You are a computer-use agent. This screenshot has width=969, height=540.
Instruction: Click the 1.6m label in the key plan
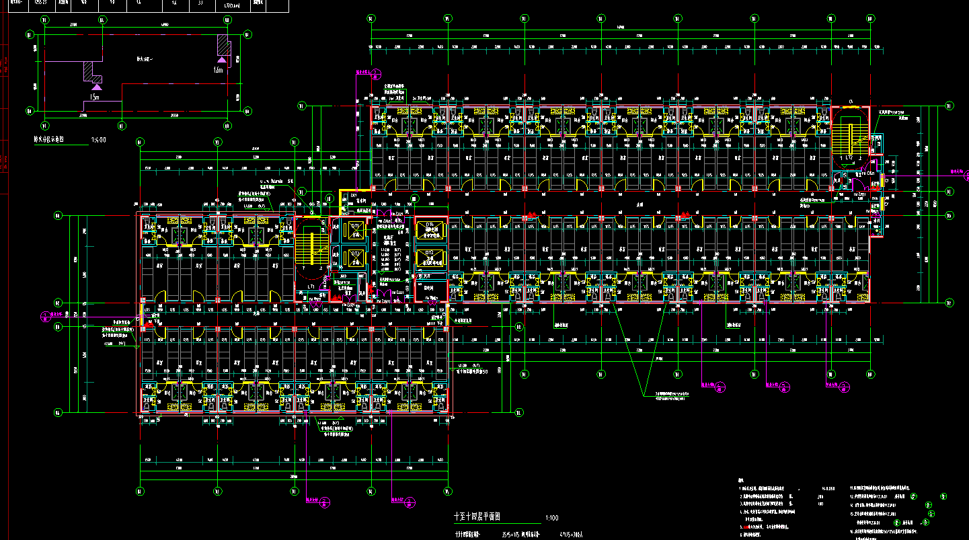tap(218, 70)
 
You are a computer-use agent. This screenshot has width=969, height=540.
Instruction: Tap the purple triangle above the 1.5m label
tap(97, 86)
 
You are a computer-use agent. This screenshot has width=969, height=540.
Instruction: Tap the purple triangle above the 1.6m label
tap(220, 61)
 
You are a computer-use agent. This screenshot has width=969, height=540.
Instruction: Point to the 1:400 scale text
tap(98, 141)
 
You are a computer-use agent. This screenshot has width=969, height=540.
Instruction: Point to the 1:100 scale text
tap(552, 518)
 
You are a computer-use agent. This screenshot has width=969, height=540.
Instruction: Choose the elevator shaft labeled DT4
tap(430, 256)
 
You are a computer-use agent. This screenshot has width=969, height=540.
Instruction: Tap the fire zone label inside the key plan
tap(145, 59)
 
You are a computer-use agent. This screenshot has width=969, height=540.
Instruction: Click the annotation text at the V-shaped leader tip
tap(666, 395)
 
